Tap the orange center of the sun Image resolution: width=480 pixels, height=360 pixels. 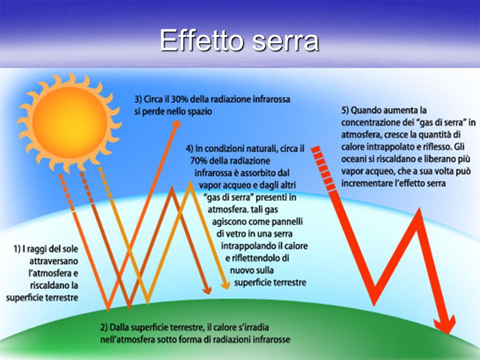70,122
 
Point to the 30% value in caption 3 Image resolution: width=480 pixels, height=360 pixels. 180,99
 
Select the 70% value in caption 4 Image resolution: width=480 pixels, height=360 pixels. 199,160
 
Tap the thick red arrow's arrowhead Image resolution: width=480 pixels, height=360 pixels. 445,324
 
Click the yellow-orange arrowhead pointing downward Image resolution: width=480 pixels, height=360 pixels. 225,284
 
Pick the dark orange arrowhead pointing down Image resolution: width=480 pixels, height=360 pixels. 207,290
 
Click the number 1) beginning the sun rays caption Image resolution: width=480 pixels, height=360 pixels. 17,249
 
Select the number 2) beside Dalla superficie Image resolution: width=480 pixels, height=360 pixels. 104,327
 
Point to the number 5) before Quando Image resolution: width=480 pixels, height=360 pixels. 345,110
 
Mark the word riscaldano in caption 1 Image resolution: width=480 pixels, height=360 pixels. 49,285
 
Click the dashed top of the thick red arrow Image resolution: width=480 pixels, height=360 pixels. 323,168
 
